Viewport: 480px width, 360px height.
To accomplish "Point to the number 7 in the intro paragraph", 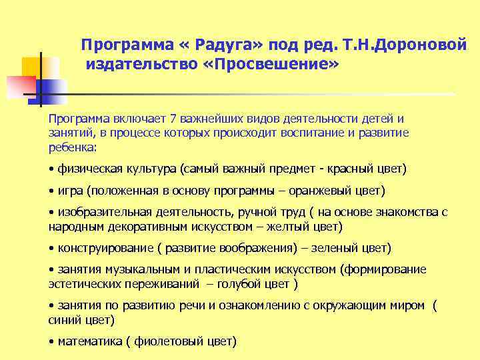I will pos(174,119).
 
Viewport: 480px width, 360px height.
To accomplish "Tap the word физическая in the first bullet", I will pos(86,169).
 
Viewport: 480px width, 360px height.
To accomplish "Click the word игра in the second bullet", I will pos(70,191).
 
